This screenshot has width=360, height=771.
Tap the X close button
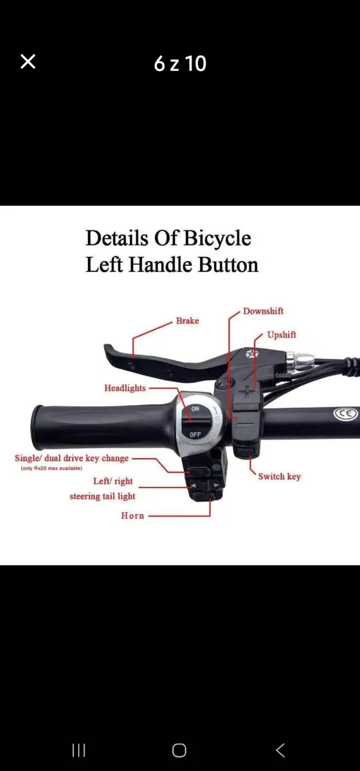pyautogui.click(x=28, y=62)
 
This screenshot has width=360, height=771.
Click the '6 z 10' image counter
pyautogui.click(x=180, y=64)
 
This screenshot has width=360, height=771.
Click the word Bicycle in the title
pyautogui.click(x=217, y=238)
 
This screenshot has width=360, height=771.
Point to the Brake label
pyautogui.click(x=188, y=321)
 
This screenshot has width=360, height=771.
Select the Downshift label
pyautogui.click(x=263, y=311)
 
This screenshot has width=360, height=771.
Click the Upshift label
pyautogui.click(x=282, y=335)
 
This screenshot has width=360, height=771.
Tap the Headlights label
pyautogui.click(x=125, y=388)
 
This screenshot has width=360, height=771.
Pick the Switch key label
pyautogui.click(x=280, y=476)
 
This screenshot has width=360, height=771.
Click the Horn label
pyautogui.click(x=132, y=515)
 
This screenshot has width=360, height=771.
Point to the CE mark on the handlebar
pyautogui.click(x=345, y=413)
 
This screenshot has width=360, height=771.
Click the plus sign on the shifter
pyautogui.click(x=247, y=391)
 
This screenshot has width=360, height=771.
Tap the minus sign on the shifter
pyautogui.click(x=246, y=424)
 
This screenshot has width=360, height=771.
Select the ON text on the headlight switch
pyautogui.click(x=195, y=409)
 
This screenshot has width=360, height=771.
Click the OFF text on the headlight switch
pyautogui.click(x=195, y=434)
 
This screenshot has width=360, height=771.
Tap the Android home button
pyautogui.click(x=179, y=750)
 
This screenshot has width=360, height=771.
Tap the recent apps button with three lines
pyautogui.click(x=78, y=750)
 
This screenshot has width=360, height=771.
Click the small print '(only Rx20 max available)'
pyautogui.click(x=51, y=468)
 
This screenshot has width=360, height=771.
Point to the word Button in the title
pyautogui.click(x=228, y=265)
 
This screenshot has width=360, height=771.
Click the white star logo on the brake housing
pyautogui.click(x=251, y=354)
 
